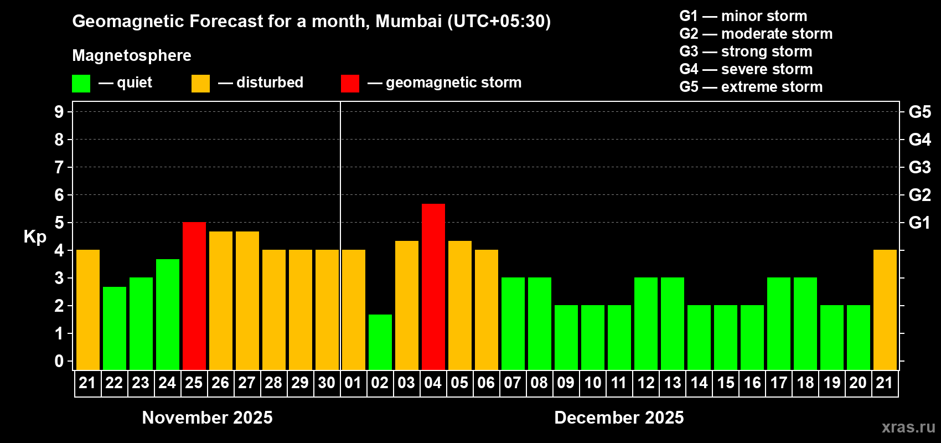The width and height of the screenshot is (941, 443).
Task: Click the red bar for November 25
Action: click(x=194, y=296)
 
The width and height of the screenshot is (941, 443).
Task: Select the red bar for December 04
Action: click(x=433, y=286)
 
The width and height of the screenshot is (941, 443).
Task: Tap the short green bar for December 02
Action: click(x=380, y=342)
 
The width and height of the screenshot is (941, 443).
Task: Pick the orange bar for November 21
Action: click(x=88, y=310)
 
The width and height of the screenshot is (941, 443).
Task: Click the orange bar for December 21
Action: click(x=885, y=310)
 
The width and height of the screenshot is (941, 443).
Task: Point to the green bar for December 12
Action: click(x=646, y=323)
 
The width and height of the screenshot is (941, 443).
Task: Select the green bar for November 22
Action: click(x=115, y=328)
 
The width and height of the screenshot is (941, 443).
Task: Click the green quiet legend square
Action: click(x=81, y=84)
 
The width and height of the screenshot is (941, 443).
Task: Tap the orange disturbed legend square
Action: click(x=200, y=84)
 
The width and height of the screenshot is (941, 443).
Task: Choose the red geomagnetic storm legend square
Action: click(x=350, y=84)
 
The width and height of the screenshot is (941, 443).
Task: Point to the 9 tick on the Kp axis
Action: click(x=59, y=112)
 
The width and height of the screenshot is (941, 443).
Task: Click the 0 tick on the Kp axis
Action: click(x=59, y=361)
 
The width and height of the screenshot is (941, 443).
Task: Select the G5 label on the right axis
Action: click(x=919, y=112)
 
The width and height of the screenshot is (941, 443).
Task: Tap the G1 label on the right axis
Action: click(x=919, y=223)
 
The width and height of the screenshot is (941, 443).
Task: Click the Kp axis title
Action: click(x=35, y=237)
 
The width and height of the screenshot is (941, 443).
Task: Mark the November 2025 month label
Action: click(x=208, y=418)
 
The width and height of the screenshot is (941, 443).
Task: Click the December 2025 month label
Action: click(x=619, y=418)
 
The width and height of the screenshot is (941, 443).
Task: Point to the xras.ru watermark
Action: click(x=908, y=427)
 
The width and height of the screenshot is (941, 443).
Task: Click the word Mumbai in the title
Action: click(x=409, y=21)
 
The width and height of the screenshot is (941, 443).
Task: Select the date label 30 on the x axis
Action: click(x=327, y=383)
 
